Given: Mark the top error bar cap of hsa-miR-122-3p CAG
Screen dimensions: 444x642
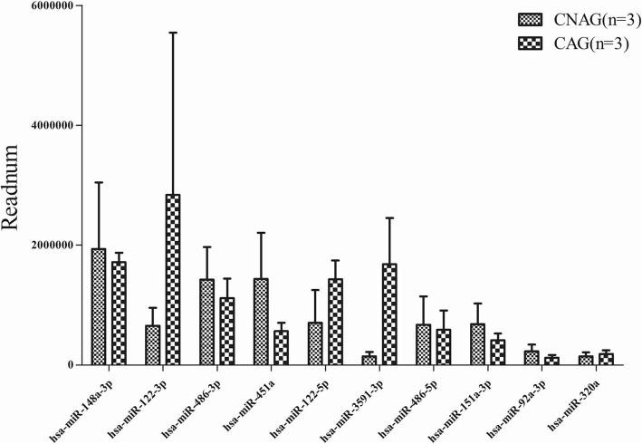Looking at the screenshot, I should click(173, 33).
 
